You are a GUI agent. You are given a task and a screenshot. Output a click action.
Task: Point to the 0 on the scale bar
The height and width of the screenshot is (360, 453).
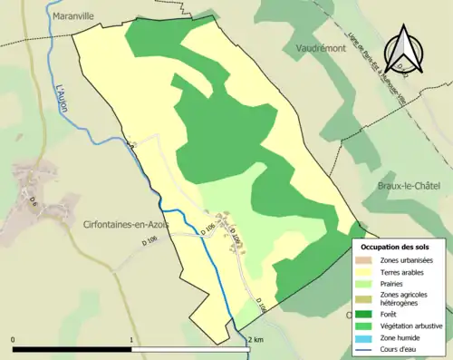point(13,340)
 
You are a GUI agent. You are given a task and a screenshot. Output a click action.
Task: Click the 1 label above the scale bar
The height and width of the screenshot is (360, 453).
point(132,340)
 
